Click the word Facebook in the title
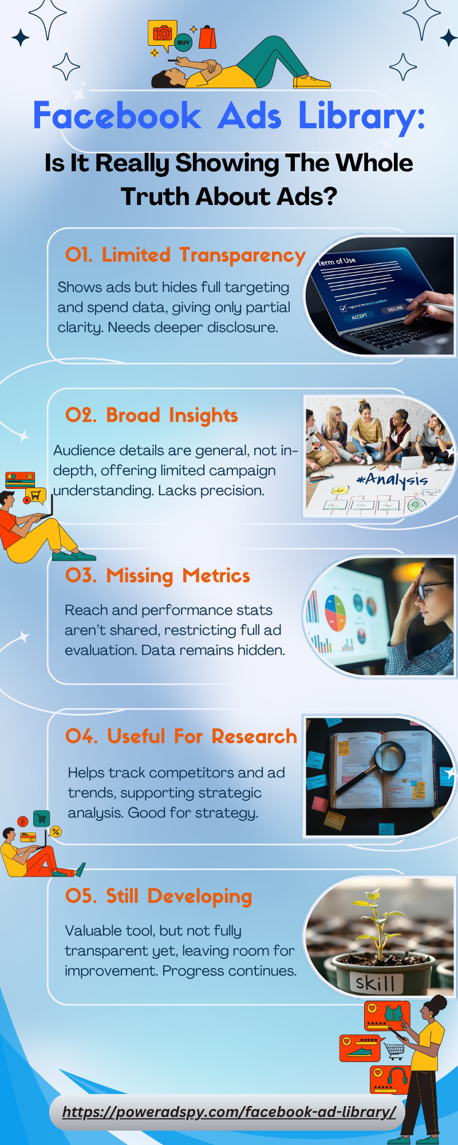point(117,116)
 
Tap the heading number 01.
point(79,254)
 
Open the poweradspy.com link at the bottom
point(229,1112)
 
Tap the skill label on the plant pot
point(376,982)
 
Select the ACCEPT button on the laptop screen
point(360,316)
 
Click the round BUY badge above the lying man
point(183,42)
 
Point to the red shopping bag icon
point(207,37)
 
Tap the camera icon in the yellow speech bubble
point(163,33)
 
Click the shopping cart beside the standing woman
point(394,1049)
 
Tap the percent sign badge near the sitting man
point(56,831)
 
